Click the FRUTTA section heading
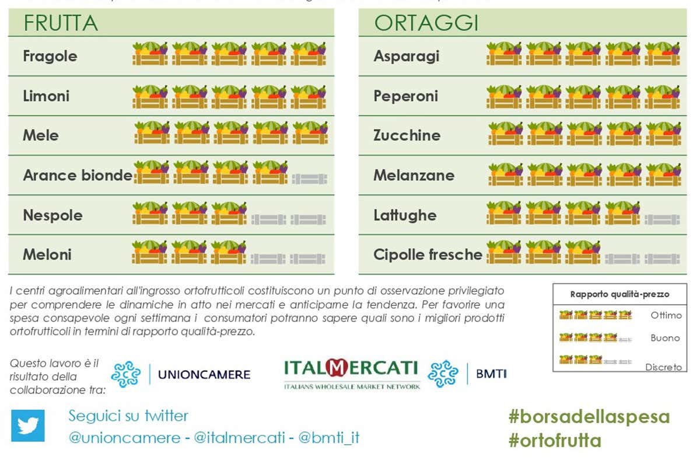coord(60,23)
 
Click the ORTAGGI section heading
coord(426,23)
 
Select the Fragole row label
coord(50,56)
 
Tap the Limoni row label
coord(46,96)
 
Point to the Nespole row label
coord(52,215)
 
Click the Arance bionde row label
coord(77,175)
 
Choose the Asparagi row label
coord(406,56)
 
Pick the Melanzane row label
coord(414,175)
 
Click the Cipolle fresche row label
coord(428,255)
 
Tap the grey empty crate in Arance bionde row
coord(309,178)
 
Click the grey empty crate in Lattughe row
coord(662,219)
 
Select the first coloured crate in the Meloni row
coord(149,252)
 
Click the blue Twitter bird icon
coord(28,426)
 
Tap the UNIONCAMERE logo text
coord(204,374)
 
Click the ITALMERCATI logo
coord(351,372)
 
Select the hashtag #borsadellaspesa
coord(589,417)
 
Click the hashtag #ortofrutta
coord(554,440)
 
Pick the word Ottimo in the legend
coord(666,315)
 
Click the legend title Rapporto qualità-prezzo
coord(619,295)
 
